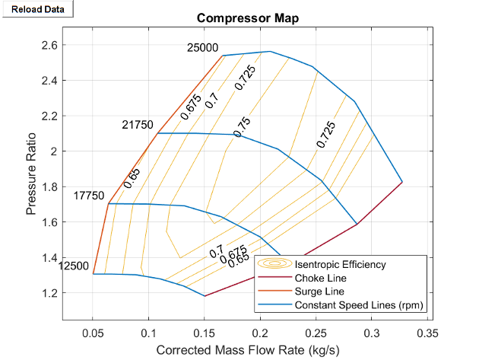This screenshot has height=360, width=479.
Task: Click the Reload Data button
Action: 37,8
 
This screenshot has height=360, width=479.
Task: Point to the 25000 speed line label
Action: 202,48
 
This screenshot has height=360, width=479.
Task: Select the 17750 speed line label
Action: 89,196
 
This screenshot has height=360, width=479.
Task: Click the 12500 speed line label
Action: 73,265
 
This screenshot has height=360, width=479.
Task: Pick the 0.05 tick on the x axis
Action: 93,333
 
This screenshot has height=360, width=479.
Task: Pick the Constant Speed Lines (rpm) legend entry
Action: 358,305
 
